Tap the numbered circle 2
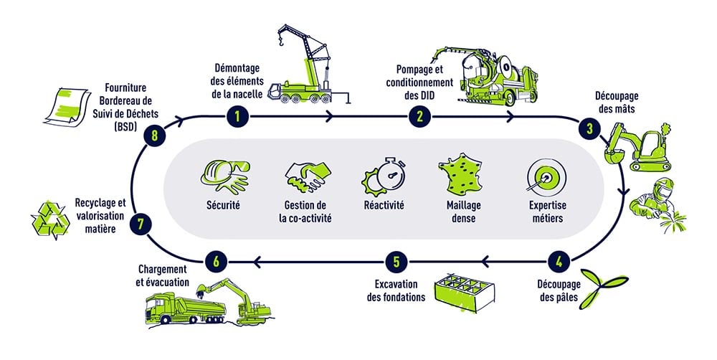click(x=419, y=115)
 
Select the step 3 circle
click(x=589, y=129)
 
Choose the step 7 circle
click(x=141, y=224)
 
